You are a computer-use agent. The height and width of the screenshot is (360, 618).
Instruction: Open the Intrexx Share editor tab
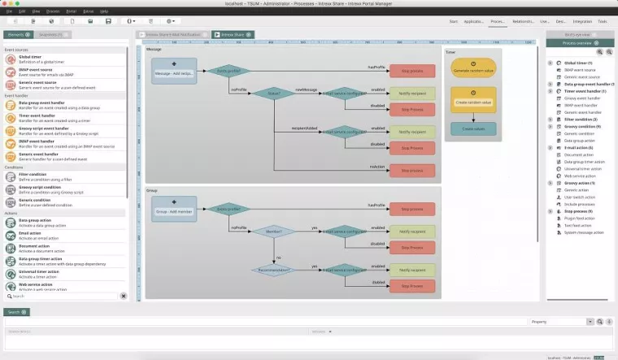[233, 35]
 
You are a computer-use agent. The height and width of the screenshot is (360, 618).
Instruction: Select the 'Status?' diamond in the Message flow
[274, 93]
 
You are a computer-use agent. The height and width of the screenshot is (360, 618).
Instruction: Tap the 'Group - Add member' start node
[173, 210]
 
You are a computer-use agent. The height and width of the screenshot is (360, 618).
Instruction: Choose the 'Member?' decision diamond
[274, 232]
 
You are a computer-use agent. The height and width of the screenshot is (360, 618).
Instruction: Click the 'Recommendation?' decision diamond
[274, 270]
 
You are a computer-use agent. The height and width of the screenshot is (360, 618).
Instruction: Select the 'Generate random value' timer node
[472, 71]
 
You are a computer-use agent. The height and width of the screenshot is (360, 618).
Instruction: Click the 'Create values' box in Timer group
[472, 128]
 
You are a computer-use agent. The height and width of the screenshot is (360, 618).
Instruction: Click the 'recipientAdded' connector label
[305, 127]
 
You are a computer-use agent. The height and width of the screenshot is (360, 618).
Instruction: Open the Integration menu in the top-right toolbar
[582, 21]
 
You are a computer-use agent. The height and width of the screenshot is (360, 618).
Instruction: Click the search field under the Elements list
[61, 296]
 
